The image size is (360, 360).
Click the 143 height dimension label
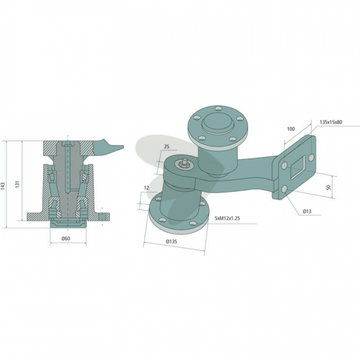tap(3, 185)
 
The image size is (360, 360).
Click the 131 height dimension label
tap(18, 185)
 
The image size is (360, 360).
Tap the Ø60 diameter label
tap(66, 238)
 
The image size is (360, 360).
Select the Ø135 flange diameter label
tap(171, 242)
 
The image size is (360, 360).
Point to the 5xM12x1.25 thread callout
tap(227, 218)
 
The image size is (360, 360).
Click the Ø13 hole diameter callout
tap(307, 211)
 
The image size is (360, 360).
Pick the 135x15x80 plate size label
tap(331, 122)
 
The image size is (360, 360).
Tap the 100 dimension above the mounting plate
tap(291, 129)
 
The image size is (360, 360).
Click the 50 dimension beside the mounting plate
tap(329, 187)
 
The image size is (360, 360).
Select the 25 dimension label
tap(167, 147)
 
